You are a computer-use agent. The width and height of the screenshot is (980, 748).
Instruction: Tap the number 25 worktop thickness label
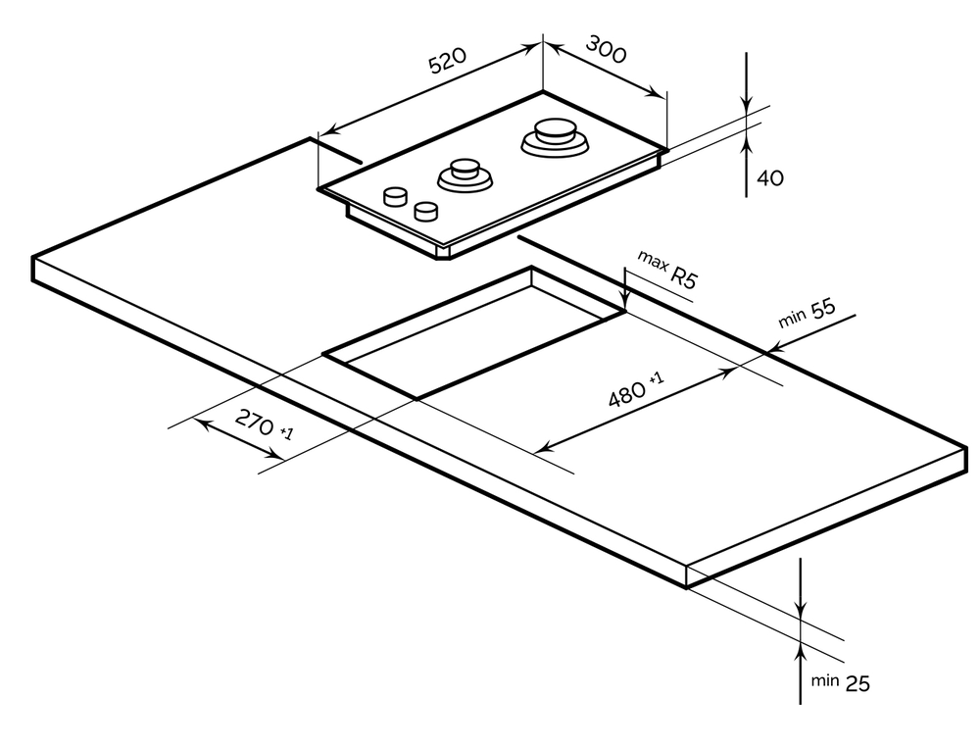(x=857, y=683)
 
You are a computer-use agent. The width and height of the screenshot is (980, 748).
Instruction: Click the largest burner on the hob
(x=556, y=137)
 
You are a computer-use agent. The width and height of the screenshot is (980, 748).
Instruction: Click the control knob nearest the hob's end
(x=395, y=196)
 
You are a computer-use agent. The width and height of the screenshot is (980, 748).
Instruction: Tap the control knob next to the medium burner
(x=426, y=210)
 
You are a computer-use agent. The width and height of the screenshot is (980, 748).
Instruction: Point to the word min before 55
(x=791, y=320)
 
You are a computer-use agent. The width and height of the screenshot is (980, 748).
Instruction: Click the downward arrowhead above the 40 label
(x=747, y=107)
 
